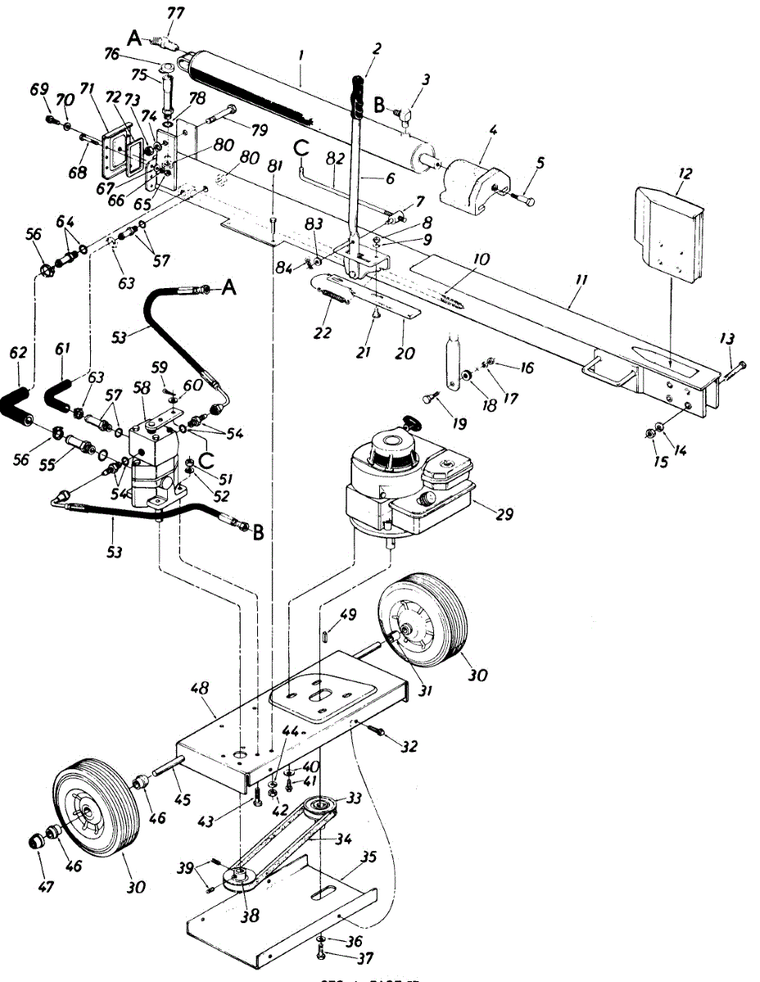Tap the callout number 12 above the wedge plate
pos(685,173)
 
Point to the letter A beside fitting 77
pos(134,36)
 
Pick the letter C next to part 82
pos(301,149)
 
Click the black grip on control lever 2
pos(357,94)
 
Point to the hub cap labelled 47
pos(37,841)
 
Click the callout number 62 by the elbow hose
pos(18,354)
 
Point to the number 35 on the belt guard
pos(369,858)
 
